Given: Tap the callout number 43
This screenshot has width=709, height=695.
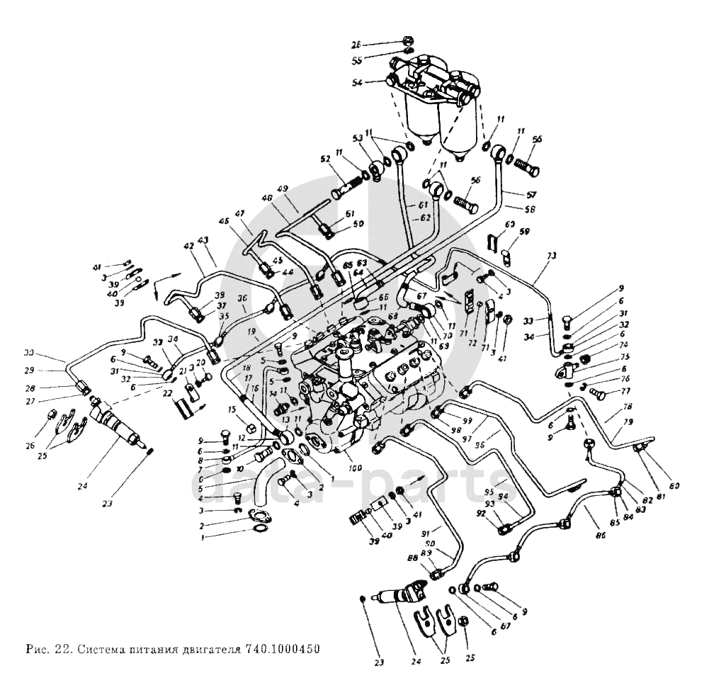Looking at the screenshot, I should coord(204,240).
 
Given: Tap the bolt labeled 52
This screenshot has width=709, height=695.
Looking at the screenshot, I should coord(346,190).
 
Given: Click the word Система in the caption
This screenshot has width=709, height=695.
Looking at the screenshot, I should coord(101,650).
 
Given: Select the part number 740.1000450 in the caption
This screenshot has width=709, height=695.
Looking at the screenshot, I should coord(278,650).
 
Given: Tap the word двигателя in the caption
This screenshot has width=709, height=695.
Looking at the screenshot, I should coord(210,650).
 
